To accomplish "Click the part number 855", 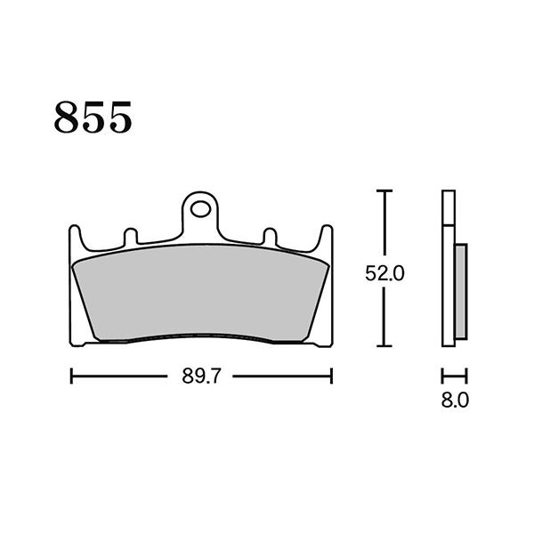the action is coord(93,117).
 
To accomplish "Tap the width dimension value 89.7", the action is coord(202,376).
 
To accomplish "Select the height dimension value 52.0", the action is coord(384,273).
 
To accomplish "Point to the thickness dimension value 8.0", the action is coord(455,400).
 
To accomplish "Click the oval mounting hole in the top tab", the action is coord(200,209).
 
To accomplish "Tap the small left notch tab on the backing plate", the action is coord(131,237).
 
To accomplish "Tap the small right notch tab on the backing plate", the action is coord(270,237).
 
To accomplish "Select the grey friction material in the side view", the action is coord(461,292).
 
